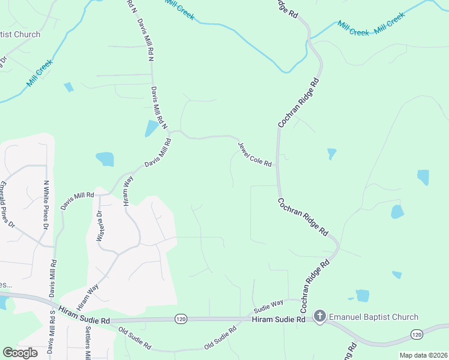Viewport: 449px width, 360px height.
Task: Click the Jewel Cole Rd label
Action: point(255,155)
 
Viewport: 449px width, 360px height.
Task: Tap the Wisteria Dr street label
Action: point(100,226)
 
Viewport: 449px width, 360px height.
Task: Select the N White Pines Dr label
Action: point(46,205)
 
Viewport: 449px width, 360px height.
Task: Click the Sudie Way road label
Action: point(268,307)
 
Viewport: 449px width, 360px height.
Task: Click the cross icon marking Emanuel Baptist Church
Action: point(320,316)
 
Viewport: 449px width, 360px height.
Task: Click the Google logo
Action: point(20,353)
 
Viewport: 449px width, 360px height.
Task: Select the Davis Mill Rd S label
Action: point(52,340)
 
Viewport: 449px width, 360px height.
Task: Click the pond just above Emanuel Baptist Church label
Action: point(362,295)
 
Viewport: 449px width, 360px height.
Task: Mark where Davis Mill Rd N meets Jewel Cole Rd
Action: point(170,131)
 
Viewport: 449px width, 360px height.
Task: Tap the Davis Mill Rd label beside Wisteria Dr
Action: point(77,200)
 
